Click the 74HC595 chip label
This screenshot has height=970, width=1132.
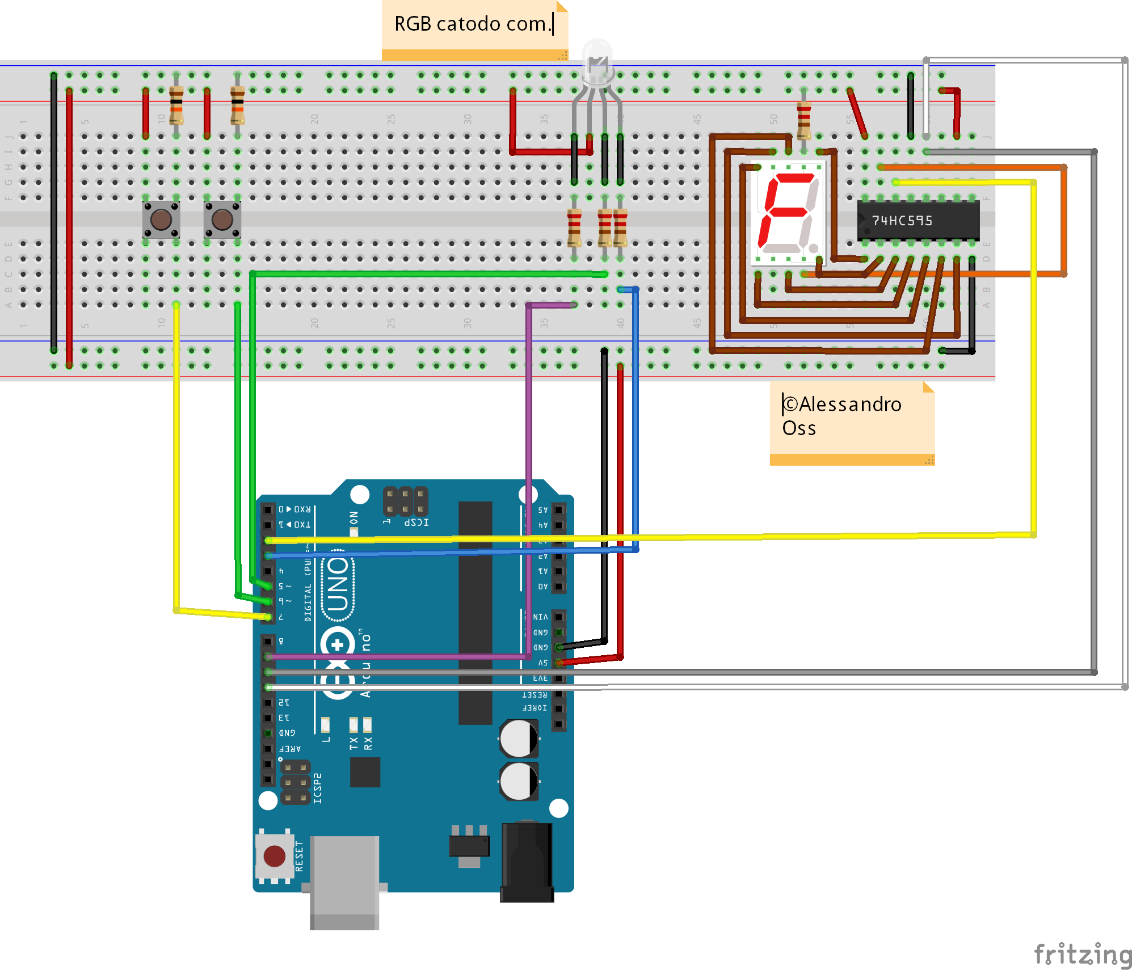pyautogui.click(x=902, y=221)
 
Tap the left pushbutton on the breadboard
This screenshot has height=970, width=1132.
pyautogui.click(x=161, y=220)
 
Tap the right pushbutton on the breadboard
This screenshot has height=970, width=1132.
pyautogui.click(x=222, y=220)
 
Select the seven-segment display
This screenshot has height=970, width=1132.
pyautogui.click(x=788, y=213)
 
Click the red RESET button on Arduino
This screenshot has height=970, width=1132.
pyautogui.click(x=275, y=856)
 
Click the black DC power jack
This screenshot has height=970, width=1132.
pyautogui.click(x=527, y=862)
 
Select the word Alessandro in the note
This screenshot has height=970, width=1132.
pyautogui.click(x=849, y=404)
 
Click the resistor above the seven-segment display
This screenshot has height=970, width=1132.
pyautogui.click(x=803, y=120)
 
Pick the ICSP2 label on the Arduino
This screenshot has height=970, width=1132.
pyautogui.click(x=318, y=787)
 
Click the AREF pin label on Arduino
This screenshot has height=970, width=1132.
pyautogui.click(x=290, y=749)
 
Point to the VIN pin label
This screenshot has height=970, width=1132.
pyautogui.click(x=540, y=617)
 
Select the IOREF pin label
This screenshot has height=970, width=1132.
pyautogui.click(x=535, y=708)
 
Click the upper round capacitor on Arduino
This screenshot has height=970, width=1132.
pyautogui.click(x=519, y=738)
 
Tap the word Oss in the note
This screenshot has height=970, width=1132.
pyautogui.click(x=799, y=428)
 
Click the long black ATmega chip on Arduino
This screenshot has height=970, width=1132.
pyautogui.click(x=475, y=613)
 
